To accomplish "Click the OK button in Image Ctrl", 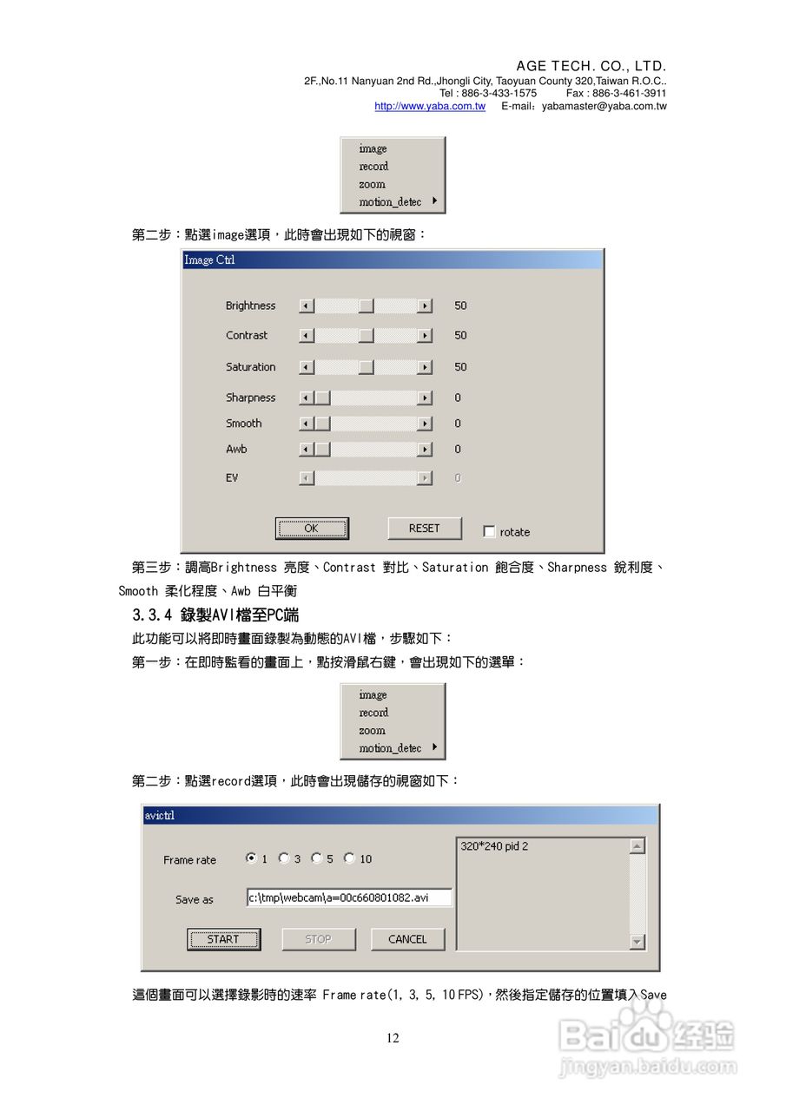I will tap(311, 529).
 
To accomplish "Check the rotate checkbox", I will tap(490, 532).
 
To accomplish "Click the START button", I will tap(223, 939).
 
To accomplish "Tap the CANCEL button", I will tap(407, 939).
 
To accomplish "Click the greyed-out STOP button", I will tap(318, 939).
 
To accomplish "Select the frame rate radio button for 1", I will tap(251, 858).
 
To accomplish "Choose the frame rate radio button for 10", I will tap(349, 858).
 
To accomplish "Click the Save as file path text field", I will tap(349, 897).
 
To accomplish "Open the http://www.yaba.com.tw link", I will tap(430, 106).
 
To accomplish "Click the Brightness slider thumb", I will tap(367, 306).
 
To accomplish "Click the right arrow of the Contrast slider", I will tap(425, 335).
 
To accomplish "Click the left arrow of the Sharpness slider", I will tap(306, 398).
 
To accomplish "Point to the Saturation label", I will tap(250, 367).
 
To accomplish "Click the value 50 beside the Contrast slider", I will tap(460, 335).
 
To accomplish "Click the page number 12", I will tap(393, 1038).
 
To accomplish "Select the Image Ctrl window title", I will tap(209, 260).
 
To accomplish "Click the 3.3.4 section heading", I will tap(215, 615).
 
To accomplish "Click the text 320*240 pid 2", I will tap(494, 846).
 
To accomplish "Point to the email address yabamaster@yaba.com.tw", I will tap(604, 106).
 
